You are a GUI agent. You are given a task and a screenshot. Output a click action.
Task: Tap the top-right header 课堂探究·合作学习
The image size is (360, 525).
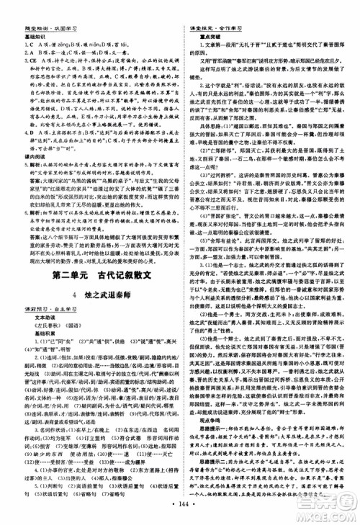209,6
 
